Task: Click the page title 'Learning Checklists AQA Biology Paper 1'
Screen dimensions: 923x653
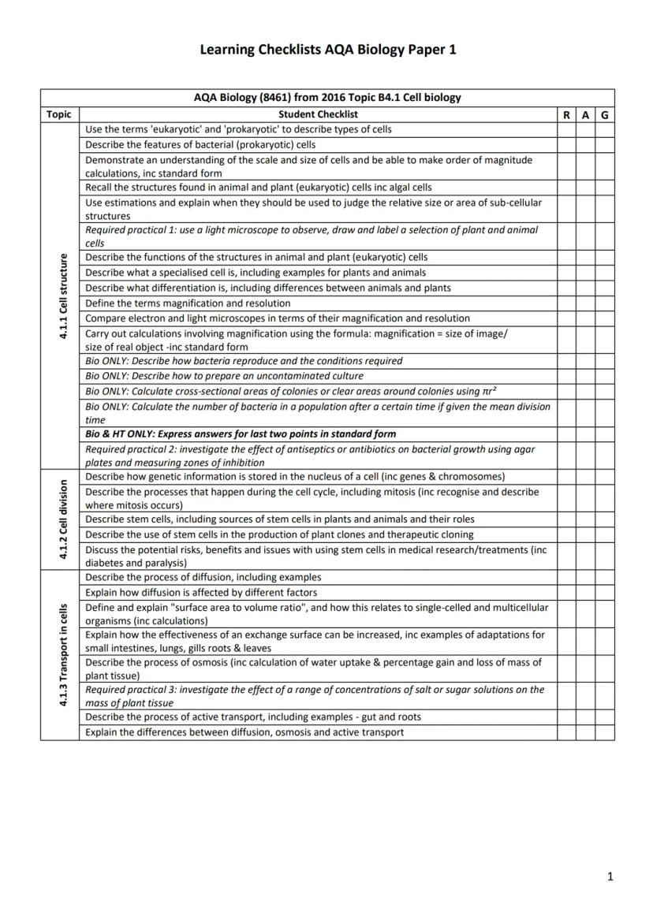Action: [x=327, y=50]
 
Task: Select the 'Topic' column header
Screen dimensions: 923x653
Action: [x=59, y=114]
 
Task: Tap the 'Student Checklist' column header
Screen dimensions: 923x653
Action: [x=318, y=114]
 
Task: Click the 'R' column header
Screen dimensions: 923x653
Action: [x=566, y=114]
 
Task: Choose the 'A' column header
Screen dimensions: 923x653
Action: [x=585, y=114]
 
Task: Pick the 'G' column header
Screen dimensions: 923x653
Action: [x=604, y=114]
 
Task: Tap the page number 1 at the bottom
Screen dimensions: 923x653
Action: [x=610, y=876]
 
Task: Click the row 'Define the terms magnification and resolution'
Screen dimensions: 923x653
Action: [x=188, y=303]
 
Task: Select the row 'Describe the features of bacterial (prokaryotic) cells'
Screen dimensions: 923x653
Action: [x=200, y=145]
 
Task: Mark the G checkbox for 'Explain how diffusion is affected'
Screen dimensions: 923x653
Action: [x=604, y=592]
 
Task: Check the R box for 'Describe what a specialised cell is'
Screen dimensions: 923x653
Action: [x=566, y=273]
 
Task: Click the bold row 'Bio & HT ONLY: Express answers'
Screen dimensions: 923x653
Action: [x=241, y=434]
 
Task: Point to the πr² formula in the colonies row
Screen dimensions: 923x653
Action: [x=489, y=391]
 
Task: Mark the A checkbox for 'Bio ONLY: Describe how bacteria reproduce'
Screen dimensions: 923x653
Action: [x=585, y=361]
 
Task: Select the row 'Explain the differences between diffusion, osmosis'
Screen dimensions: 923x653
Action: [x=244, y=732]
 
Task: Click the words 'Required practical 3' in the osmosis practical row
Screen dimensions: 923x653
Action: [x=128, y=690]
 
